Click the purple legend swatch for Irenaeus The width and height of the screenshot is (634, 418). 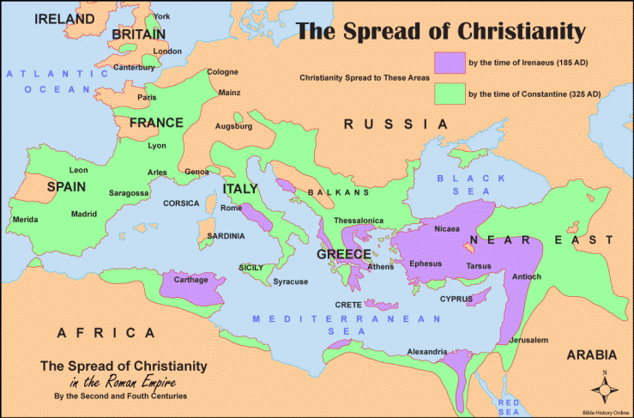coord(449,63)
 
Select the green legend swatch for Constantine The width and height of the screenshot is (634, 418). coord(449,92)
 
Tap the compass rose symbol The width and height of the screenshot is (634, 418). coord(606,389)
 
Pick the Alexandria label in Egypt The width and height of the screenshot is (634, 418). coord(426,351)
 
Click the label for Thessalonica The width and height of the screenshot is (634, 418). coord(359,221)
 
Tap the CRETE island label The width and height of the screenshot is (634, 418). coord(347,306)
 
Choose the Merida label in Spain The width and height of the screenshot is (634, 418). coord(25,220)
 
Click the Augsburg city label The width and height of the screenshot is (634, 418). coord(234,126)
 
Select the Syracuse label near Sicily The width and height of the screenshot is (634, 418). coord(290,282)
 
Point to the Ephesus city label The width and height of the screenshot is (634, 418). coord(426,264)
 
